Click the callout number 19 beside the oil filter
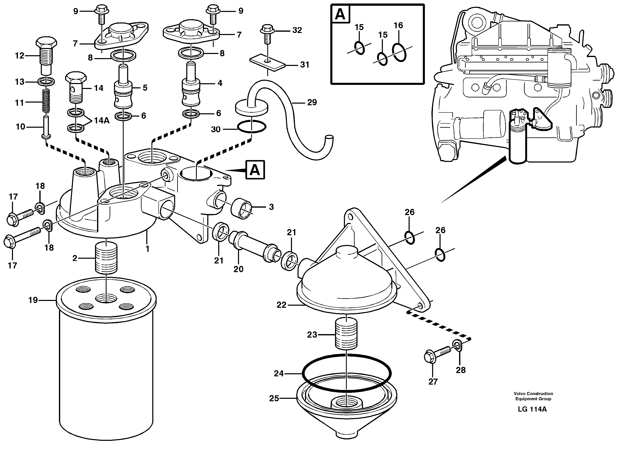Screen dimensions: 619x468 (33, 300)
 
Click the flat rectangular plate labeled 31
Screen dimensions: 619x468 (267, 63)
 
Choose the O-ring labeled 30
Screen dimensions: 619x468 (252, 127)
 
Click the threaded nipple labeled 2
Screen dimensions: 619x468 (106, 258)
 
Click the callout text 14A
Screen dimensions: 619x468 (101, 121)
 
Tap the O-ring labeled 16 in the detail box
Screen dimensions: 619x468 (399, 52)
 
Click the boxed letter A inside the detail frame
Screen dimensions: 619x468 (340, 14)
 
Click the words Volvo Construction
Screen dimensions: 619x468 (533, 394)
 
